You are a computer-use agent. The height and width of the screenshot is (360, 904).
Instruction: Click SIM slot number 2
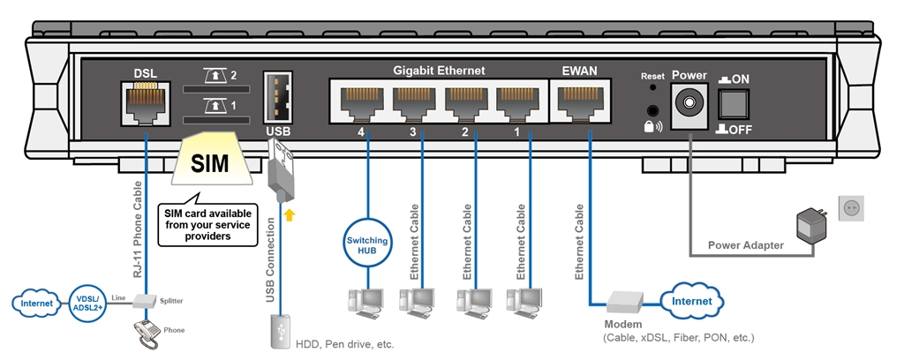(214, 89)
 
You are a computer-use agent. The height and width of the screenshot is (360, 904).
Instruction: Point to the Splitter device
(144, 302)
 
